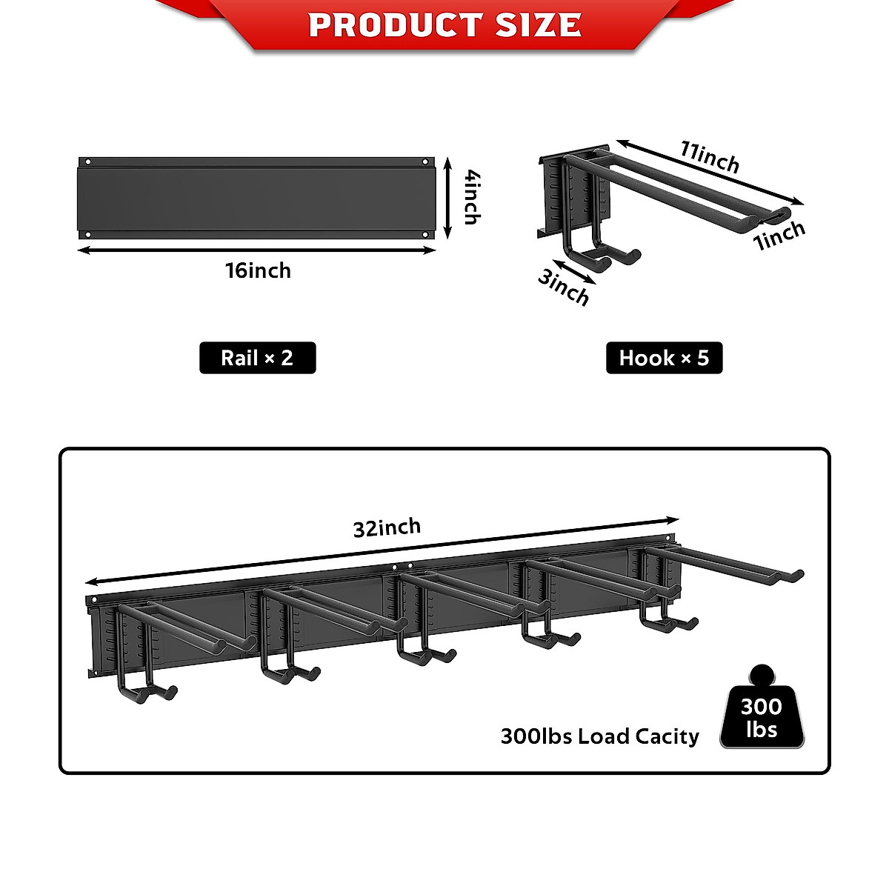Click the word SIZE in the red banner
pos(539,25)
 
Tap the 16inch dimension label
pos(258,270)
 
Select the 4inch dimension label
pos(472,197)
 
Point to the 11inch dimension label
pos(710,156)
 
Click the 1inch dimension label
pos(779,236)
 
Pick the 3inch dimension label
pos(564,287)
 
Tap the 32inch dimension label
pos(387,527)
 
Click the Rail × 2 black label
pos(257,358)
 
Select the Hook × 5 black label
pos(664,358)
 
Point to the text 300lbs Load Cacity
pos(599,736)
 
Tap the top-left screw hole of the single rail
pos(88,162)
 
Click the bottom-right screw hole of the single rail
pos(425,234)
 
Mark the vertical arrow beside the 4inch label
pos(447,198)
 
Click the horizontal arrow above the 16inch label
pos(256,250)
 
